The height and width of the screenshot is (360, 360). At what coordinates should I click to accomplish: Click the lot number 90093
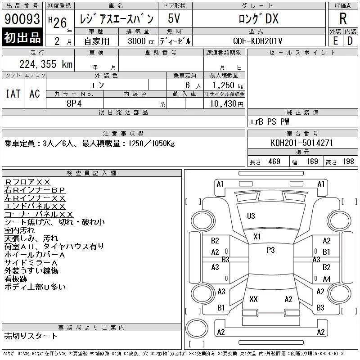click(22, 19)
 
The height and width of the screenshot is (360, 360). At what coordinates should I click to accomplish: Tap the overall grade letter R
click(343, 18)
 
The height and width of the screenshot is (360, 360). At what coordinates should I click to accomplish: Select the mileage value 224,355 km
click(46, 64)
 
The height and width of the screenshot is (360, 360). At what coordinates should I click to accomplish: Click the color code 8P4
click(74, 103)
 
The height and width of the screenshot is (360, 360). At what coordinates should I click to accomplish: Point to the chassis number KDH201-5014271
click(302, 143)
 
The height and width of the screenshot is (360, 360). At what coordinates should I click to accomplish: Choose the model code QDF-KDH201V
click(257, 41)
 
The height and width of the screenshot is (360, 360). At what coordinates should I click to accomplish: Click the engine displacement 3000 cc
click(141, 41)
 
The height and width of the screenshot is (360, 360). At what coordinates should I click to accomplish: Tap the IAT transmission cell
click(13, 94)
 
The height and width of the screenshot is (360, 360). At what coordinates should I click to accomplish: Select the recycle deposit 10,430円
click(227, 104)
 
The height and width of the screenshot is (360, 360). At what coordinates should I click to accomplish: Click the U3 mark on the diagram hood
click(251, 216)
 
